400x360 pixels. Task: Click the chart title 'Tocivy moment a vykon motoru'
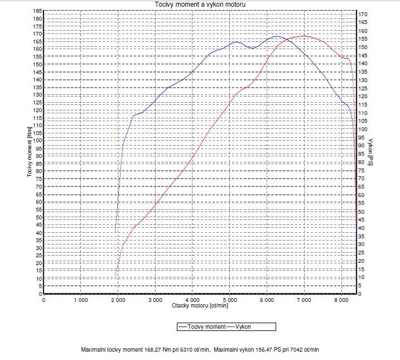click(200, 4)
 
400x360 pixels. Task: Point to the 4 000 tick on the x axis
click(192, 300)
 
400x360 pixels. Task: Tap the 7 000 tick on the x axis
click(304, 300)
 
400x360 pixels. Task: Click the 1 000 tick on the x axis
click(80, 300)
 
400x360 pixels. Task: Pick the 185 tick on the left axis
click(38, 11)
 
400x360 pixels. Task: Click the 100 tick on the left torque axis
click(38, 141)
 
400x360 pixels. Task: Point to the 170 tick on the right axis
click(363, 14)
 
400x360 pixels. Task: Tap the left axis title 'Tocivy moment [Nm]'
click(28, 152)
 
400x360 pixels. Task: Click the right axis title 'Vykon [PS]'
click(370, 152)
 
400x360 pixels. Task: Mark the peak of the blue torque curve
click(277, 36)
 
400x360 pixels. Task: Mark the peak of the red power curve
click(305, 36)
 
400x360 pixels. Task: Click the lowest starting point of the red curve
click(115, 276)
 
